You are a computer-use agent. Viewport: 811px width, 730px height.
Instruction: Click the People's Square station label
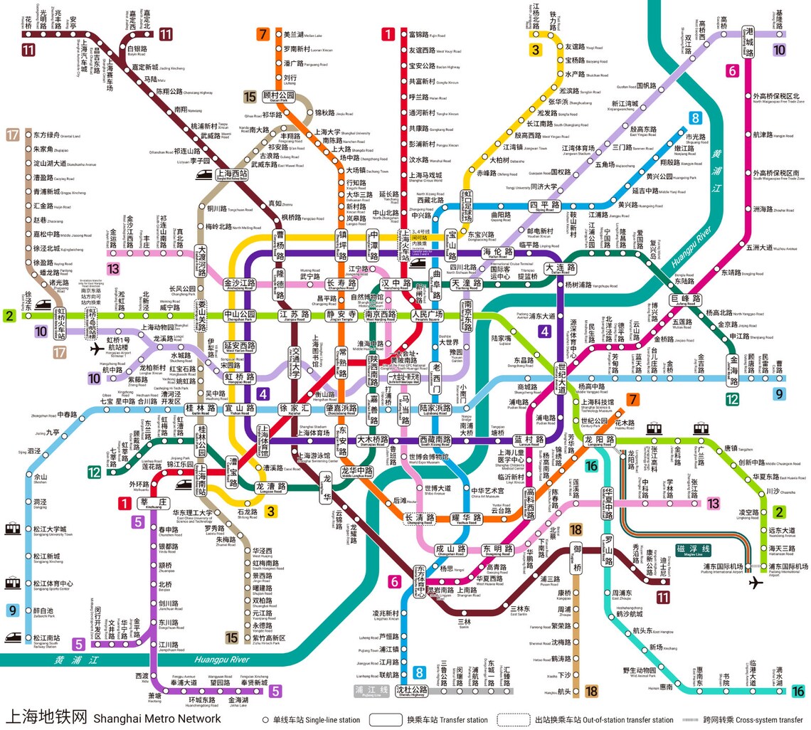[x=427, y=314]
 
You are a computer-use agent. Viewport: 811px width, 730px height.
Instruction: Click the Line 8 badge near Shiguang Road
[x=694, y=119]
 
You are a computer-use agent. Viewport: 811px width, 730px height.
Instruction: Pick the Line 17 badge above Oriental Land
[x=12, y=135]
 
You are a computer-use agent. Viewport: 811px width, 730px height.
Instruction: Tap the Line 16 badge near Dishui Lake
[x=798, y=690]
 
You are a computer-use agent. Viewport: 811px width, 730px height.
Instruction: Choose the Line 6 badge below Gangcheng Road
[x=732, y=70]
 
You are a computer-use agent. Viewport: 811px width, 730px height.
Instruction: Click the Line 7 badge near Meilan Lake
[x=264, y=34]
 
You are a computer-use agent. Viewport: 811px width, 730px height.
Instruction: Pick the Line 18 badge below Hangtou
[x=591, y=691]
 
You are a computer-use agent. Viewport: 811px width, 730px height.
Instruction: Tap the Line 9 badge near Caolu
[x=780, y=393]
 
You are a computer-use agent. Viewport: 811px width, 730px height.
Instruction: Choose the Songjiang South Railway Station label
[x=47, y=638]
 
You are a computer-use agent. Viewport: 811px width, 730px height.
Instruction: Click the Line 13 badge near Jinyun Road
[x=113, y=268]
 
